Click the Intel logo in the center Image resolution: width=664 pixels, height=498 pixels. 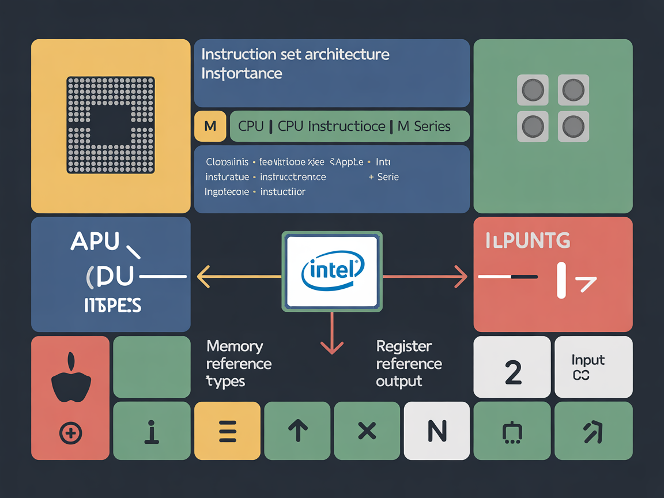point(332,271)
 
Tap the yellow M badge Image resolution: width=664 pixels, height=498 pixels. point(210,126)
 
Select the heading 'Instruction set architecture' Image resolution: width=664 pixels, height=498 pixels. point(295,55)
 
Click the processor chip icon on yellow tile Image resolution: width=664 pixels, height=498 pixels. point(111,124)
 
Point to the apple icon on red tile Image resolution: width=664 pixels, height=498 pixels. point(71,380)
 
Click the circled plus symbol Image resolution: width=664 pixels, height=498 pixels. point(71,433)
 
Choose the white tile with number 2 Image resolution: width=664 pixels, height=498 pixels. point(512,367)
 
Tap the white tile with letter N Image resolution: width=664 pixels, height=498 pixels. point(437,431)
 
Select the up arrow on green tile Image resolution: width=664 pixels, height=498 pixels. point(297,431)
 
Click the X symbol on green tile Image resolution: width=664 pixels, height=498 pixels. point(367,431)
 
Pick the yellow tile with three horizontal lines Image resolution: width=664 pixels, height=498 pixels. point(228,431)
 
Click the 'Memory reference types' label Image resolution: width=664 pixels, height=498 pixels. point(239,364)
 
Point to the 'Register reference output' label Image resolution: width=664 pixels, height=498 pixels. point(409,364)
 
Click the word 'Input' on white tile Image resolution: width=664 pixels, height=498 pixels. point(588,360)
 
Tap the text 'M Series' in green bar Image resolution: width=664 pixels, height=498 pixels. point(424,126)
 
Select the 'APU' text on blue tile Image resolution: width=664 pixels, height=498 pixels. point(95,242)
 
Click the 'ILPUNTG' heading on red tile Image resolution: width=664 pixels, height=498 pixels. point(527,241)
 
